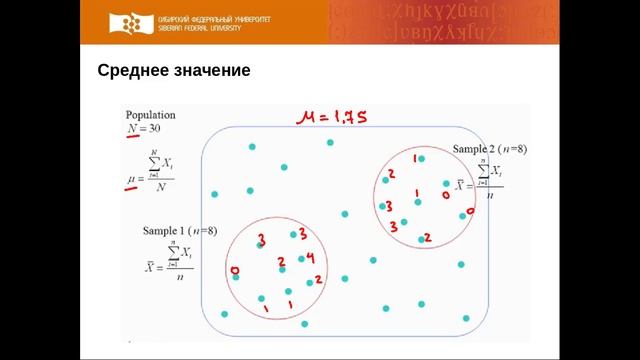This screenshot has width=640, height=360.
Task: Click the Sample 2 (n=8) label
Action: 490,149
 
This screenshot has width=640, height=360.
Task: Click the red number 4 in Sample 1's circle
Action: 311,257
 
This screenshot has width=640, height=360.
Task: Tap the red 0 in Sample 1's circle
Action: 234,271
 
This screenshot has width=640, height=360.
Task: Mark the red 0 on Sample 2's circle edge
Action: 469,212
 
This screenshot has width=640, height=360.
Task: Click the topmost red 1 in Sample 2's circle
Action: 415,159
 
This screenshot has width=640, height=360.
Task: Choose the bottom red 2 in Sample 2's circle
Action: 427,237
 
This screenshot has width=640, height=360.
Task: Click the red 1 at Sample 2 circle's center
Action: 416,194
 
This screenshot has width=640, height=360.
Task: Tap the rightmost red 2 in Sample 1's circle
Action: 318,279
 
